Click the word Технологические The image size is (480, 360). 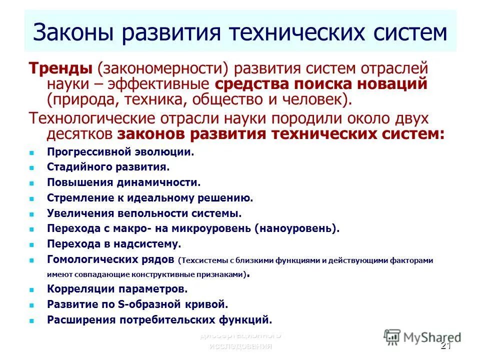coord(93,119)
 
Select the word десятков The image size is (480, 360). coord(80,134)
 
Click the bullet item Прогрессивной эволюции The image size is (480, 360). coord(120,152)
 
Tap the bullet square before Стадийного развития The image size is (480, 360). coord(31,168)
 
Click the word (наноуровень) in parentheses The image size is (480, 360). coord(296,229)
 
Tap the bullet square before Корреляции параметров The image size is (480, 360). coord(31,289)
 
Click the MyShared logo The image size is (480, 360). coord(422,337)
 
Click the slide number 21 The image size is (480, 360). coord(446,347)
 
